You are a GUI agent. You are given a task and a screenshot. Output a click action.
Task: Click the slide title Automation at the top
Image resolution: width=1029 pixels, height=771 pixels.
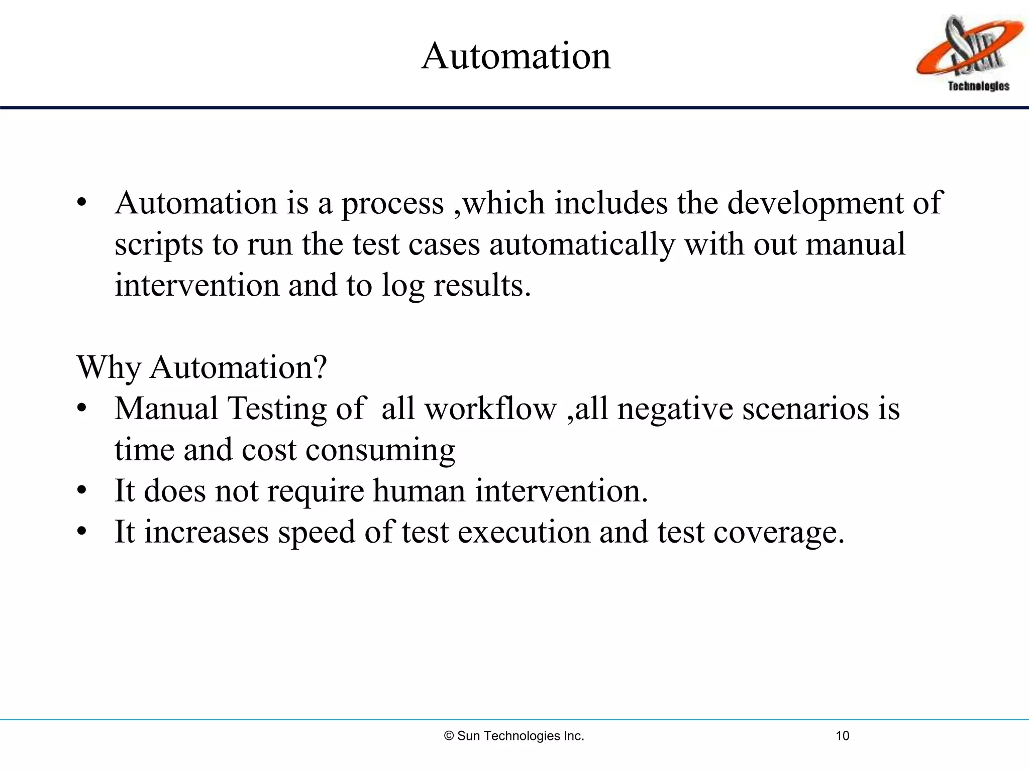tap(516, 56)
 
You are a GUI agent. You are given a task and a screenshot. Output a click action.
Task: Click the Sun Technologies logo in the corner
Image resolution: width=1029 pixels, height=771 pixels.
tap(969, 53)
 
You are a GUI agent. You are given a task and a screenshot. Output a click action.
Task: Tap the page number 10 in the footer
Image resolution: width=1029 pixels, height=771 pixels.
tap(842, 736)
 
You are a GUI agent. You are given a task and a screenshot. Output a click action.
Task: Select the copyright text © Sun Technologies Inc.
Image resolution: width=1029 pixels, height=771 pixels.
tap(514, 736)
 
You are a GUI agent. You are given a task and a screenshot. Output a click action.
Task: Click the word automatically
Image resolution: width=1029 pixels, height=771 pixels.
tap(582, 245)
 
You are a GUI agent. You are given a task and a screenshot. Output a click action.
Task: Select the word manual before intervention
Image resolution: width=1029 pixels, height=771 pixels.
tap(856, 244)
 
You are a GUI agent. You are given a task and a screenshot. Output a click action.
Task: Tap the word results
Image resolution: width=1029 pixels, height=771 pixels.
tap(482, 285)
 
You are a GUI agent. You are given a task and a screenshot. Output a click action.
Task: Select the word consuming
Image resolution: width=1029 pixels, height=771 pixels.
tap(380, 450)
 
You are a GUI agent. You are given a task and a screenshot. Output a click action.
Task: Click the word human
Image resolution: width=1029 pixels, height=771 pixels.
tap(419, 490)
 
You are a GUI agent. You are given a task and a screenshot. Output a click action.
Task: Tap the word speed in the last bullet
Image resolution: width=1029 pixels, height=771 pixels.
tap(317, 533)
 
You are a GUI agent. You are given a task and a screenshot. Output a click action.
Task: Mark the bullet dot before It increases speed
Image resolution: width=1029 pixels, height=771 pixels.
tap(82, 532)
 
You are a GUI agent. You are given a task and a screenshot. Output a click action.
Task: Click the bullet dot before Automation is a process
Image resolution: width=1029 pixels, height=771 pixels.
tap(82, 203)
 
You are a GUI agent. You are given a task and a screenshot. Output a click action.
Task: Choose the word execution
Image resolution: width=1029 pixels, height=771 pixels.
tap(524, 532)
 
